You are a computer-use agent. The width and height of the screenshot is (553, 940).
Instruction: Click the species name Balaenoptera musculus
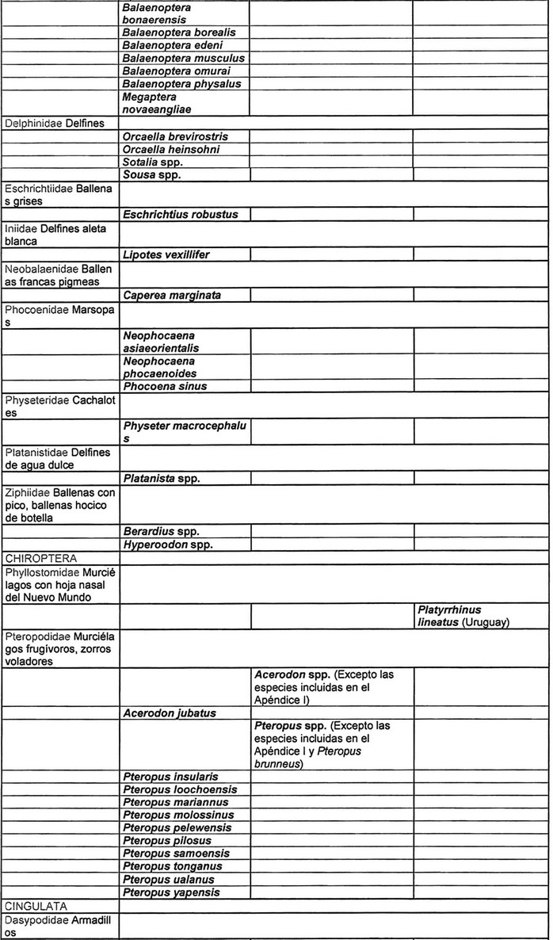point(184,58)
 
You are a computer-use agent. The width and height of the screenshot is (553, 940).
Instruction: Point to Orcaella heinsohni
point(171,149)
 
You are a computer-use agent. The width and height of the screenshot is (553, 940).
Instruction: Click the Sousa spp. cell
point(152,174)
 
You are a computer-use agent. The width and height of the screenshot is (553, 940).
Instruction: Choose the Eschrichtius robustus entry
point(181,214)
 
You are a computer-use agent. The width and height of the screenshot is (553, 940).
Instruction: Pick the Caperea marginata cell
point(172,295)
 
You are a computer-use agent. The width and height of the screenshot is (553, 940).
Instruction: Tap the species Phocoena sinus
point(165,386)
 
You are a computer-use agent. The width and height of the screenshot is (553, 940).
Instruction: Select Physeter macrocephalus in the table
point(185,432)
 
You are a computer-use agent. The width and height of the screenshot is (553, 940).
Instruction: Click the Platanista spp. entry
point(162,478)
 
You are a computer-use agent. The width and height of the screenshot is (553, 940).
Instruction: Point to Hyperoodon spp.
point(168,545)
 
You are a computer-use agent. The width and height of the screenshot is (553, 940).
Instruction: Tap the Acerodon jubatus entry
point(169,713)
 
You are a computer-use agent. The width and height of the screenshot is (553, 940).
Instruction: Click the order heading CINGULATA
point(36,904)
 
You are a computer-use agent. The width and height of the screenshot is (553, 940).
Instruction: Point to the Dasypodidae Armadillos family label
point(59,924)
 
